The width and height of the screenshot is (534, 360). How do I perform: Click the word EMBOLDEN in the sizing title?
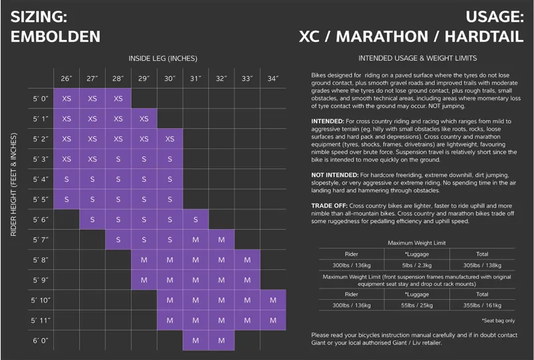56,37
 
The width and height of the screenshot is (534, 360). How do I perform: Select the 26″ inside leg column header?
66,79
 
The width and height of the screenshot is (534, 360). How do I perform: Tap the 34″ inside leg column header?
273,79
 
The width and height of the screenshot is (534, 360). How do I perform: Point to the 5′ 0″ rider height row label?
41,99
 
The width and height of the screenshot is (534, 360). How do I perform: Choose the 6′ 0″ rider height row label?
41,340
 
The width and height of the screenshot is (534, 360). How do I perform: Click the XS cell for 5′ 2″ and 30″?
170,139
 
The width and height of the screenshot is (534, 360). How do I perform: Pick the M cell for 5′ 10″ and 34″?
273,300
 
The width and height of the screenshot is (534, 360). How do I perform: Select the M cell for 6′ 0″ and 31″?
196,340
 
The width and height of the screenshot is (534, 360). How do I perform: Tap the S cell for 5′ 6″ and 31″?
196,220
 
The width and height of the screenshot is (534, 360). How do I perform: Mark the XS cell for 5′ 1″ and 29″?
144,119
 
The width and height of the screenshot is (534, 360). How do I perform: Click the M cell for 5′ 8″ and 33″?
247,260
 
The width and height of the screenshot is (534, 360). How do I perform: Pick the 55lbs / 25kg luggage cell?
416,306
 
